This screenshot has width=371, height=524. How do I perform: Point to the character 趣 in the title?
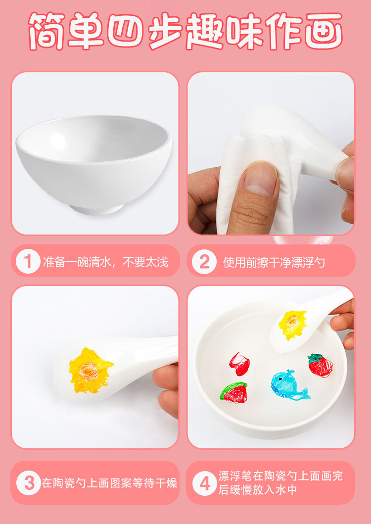point(205,31)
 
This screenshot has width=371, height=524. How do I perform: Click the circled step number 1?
point(28,261)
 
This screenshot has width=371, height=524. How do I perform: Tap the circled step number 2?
point(204,261)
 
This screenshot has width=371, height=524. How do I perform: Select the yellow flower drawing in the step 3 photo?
point(90,370)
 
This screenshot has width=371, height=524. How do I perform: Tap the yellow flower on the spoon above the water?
point(292,324)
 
